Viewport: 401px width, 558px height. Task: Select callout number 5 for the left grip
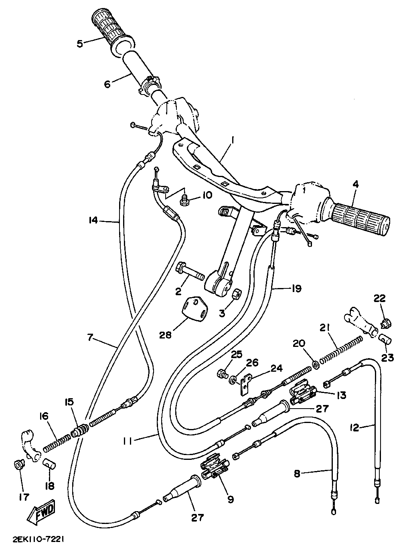[x=79, y=44]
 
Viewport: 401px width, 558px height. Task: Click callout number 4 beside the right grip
[x=355, y=185]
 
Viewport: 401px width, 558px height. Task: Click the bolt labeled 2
[x=190, y=272]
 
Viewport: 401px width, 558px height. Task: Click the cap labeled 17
[x=18, y=464]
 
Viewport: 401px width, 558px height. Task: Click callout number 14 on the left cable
[x=93, y=220]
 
